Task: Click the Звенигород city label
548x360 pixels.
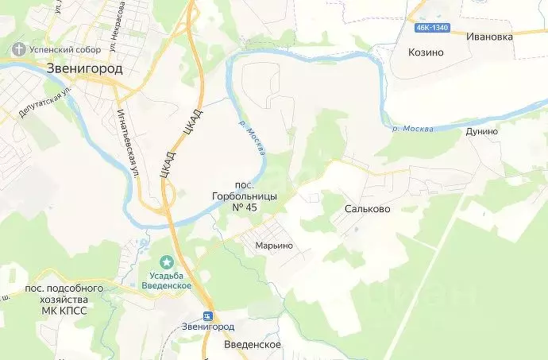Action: [x=83, y=68]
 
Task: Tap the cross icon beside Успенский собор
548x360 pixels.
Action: [x=17, y=48]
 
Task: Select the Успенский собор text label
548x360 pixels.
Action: [x=55, y=48]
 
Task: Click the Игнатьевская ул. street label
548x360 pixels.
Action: [x=125, y=142]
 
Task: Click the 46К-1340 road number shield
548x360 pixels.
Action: [x=430, y=28]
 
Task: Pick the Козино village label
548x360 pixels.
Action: [x=426, y=52]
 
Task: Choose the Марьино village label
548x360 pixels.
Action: [x=274, y=246]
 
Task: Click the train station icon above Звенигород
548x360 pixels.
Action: [x=208, y=315]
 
